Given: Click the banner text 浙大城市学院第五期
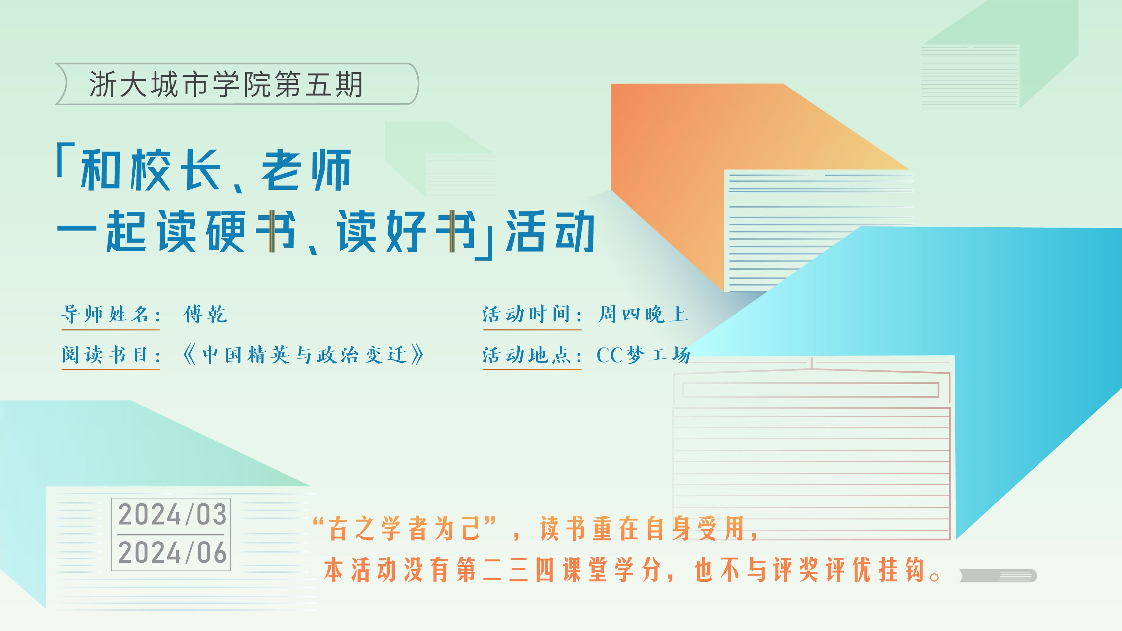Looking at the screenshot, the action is point(226,84).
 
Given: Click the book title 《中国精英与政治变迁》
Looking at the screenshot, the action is point(303,355).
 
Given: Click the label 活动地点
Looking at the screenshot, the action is point(526,355).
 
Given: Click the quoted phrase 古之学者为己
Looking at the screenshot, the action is point(404,529).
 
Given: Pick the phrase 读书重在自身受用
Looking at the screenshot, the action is point(642,529).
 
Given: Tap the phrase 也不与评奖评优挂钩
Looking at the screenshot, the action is point(809,569).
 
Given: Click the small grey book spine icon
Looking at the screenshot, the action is point(998,576).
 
